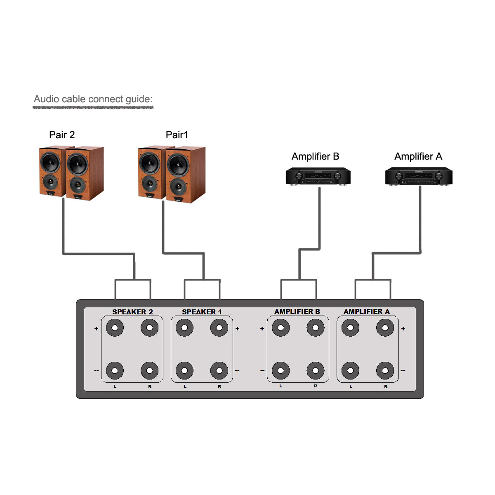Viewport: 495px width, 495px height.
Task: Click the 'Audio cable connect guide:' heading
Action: coord(93,99)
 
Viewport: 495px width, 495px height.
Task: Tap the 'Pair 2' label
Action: coord(62,135)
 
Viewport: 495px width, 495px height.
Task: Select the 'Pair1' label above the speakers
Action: coord(177,135)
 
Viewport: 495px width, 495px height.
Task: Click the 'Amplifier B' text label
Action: coord(315,156)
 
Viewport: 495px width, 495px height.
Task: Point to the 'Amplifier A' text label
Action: coord(418,156)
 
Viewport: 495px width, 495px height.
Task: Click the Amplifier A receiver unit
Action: coord(418,177)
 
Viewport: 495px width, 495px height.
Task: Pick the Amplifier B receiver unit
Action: coord(318,177)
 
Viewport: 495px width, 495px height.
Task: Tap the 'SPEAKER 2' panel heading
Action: coord(132,312)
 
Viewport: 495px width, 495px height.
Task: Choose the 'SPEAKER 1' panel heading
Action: coord(202,312)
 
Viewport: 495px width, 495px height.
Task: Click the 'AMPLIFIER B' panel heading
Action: coord(297,311)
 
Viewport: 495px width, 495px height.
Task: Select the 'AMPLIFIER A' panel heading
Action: coord(366,311)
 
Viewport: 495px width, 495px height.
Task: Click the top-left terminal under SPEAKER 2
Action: coord(115,328)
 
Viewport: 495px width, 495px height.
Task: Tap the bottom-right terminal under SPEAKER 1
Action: coord(219,370)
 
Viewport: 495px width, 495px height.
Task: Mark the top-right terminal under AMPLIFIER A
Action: coord(385,328)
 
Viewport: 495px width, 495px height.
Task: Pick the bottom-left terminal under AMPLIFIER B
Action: coord(280,370)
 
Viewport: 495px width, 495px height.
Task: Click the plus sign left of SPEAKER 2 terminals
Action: coord(96,329)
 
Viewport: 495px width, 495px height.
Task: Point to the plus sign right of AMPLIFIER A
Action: coord(403,329)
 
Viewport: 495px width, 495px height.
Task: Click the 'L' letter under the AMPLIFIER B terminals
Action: coord(280,386)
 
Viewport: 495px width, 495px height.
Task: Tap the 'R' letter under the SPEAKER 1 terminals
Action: coord(219,387)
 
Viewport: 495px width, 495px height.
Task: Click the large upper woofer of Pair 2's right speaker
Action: coord(77,164)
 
